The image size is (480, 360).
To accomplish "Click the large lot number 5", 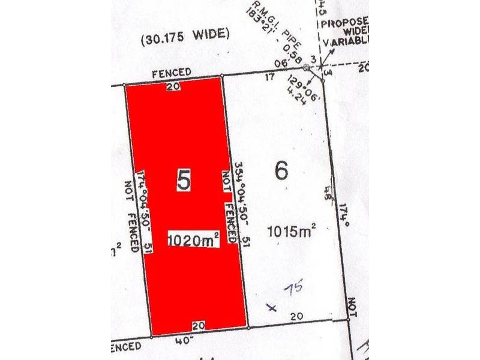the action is (184, 181).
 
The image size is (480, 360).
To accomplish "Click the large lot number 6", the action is (281, 170).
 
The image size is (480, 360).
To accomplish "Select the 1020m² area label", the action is (193, 239).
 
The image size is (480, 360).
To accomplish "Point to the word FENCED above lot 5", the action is (172, 72).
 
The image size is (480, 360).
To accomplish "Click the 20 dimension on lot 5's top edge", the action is (174, 86).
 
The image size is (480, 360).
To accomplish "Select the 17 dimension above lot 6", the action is (269, 76).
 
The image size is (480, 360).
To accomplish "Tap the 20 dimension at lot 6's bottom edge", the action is (295, 316).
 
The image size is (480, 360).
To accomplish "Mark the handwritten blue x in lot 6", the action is (272, 308).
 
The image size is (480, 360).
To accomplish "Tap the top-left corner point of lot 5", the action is (124, 85).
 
